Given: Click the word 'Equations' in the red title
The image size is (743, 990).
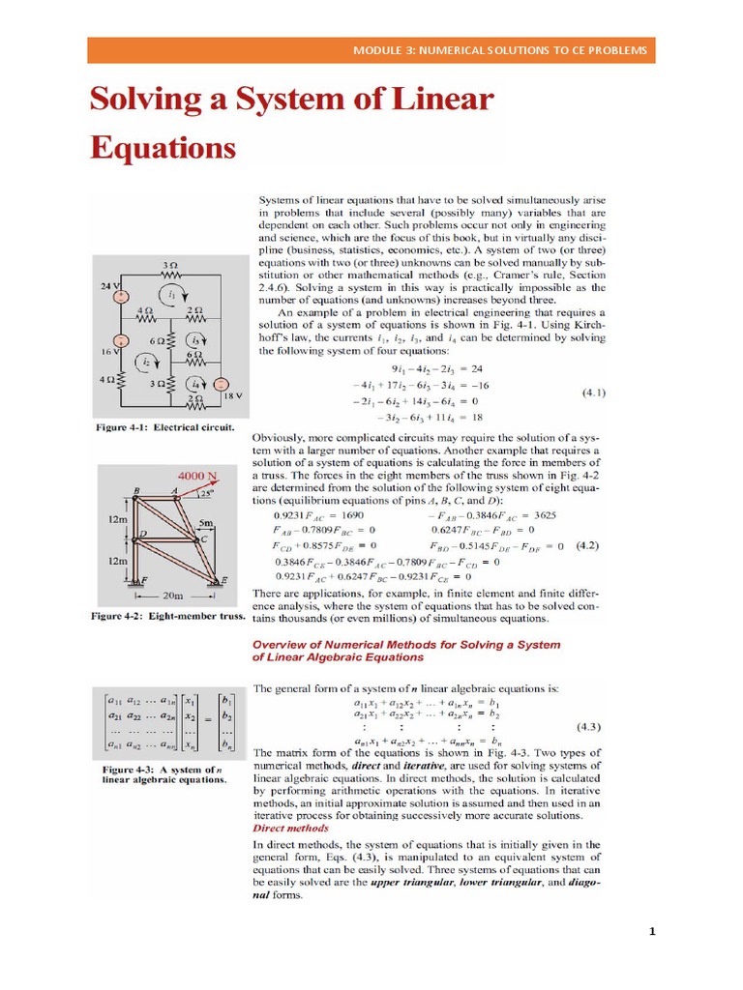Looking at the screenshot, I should click(x=163, y=148).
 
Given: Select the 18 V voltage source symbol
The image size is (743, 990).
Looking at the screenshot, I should click(x=220, y=386).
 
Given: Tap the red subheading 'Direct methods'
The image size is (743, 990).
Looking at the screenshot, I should click(x=290, y=828).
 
